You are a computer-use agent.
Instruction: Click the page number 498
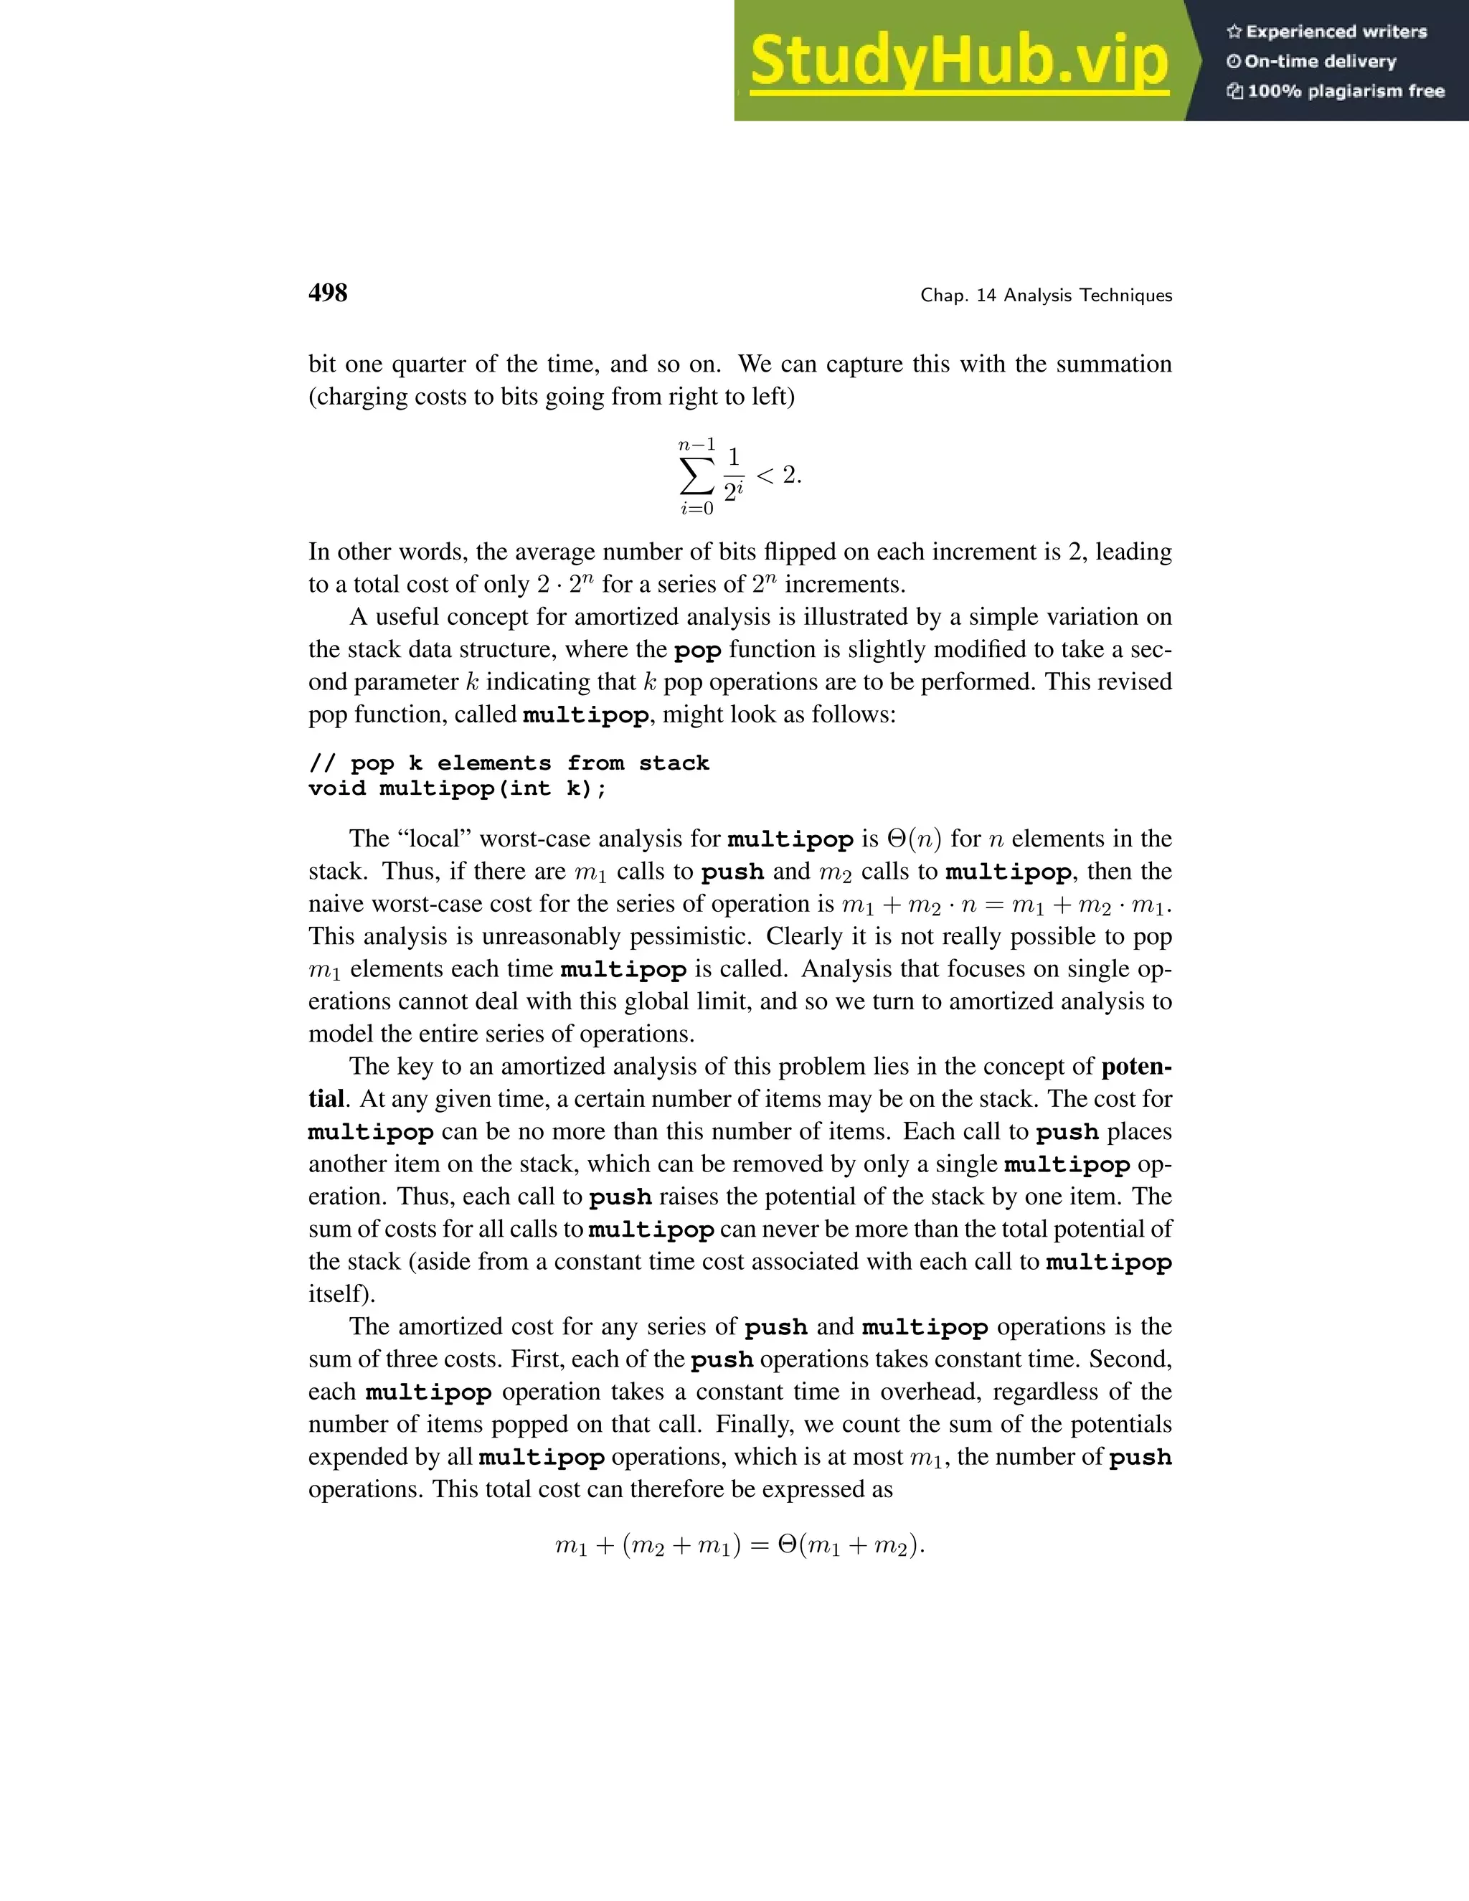(328, 293)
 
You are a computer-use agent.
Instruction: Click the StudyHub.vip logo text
(959, 61)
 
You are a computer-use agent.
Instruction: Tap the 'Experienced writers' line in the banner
(1327, 32)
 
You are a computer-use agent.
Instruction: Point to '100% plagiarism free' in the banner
(1336, 91)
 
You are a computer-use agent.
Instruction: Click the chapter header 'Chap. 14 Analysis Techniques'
(1046, 296)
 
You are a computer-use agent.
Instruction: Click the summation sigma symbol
(696, 476)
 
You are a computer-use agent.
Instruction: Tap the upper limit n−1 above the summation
(696, 445)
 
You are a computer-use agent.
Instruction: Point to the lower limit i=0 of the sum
(696, 509)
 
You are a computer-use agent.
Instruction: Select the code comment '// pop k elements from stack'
(509, 763)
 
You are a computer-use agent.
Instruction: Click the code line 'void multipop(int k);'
(458, 788)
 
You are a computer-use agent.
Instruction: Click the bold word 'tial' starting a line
(326, 1099)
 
